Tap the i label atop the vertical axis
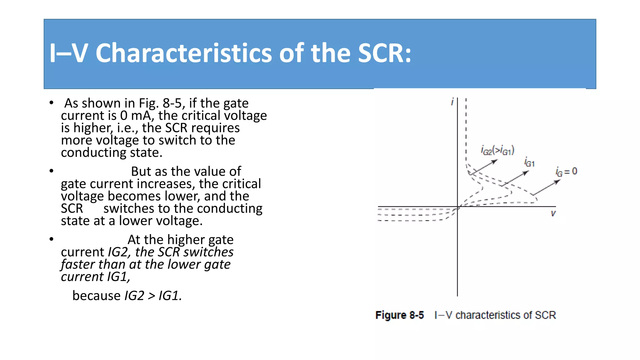452,102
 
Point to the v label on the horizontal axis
553,213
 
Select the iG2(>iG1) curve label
497,151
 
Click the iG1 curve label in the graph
529,162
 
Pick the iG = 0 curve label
566,172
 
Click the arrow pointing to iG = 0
547,187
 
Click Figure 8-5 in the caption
399,315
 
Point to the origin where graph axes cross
457,207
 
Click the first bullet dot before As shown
52,103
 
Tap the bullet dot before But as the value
52,171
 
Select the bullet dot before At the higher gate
52,239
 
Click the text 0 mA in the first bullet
137,116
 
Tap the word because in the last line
96,296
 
